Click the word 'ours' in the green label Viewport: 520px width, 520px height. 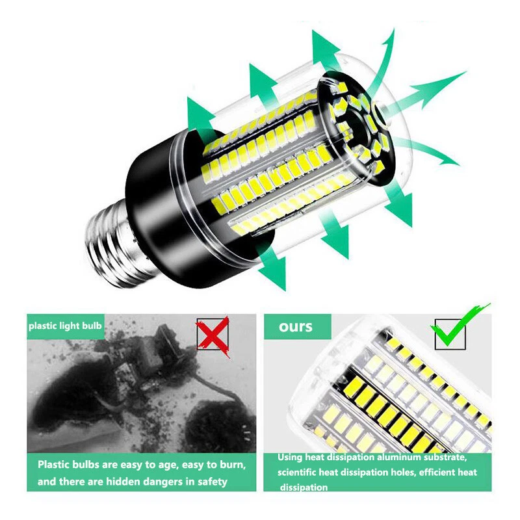[x=296, y=326]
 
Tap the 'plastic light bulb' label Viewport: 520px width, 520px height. [x=65, y=326]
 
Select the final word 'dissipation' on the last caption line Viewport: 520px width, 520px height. [x=304, y=487]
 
